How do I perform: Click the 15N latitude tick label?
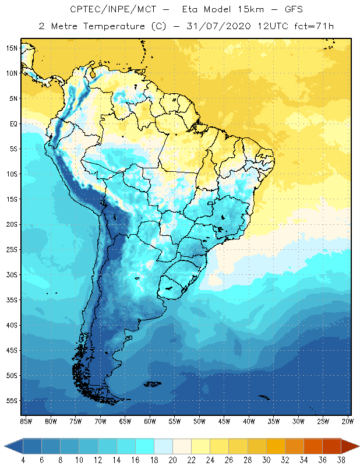12,48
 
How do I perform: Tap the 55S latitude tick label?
12,401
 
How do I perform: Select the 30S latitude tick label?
12,274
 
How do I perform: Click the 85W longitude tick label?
26,421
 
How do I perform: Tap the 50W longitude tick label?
199,421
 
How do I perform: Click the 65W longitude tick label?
125,421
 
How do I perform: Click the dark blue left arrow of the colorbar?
13,446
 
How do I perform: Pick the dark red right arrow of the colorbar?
350,446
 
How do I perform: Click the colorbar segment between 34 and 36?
313,446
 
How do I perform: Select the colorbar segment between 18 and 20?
163,446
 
